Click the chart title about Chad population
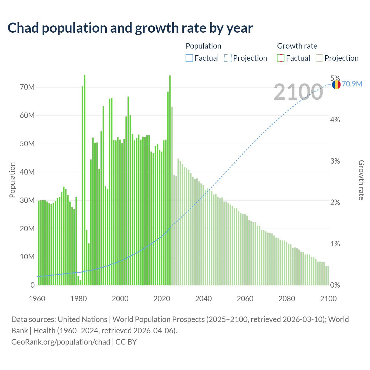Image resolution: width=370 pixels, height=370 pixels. (x=130, y=28)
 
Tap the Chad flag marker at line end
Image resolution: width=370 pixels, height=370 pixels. (x=336, y=85)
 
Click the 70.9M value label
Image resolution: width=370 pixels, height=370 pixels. (x=352, y=84)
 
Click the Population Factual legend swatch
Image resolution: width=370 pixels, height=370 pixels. (x=189, y=58)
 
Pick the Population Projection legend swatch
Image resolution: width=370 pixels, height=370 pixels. (x=227, y=58)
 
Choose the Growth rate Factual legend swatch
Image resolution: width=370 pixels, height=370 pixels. (x=280, y=58)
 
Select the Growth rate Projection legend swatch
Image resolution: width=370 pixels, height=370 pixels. (x=319, y=58)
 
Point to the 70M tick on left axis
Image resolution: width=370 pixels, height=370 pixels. (x=27, y=87)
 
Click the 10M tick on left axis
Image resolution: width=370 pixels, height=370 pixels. (x=27, y=257)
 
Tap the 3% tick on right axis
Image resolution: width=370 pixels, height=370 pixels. (x=335, y=161)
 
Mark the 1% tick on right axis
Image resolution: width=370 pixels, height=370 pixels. (x=335, y=244)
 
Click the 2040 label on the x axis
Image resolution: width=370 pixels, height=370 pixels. (x=203, y=299)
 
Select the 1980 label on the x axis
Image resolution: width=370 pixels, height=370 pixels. (x=79, y=299)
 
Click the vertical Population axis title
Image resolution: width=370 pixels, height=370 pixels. (x=12, y=180)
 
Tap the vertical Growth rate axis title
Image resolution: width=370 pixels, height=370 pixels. (x=361, y=180)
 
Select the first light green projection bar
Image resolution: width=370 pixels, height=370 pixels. (x=172, y=197)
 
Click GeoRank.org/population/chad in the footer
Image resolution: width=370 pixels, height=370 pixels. (x=61, y=342)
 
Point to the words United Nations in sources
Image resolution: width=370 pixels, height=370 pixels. (x=82, y=319)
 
